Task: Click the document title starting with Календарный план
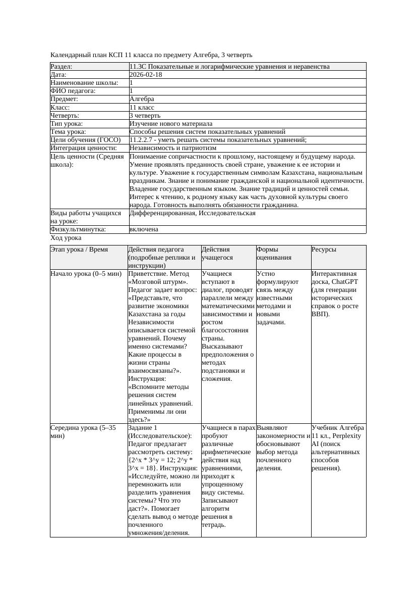151,55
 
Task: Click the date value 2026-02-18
146,75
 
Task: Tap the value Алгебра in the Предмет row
142,99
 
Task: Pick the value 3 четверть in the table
145,116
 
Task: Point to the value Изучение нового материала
171,124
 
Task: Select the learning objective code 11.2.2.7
144,140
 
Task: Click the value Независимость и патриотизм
173,148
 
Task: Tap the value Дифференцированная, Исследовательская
193,213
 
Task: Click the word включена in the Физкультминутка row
144,229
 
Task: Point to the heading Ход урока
66,237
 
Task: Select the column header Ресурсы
324,250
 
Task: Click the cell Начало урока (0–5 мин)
86,274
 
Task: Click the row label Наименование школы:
85,83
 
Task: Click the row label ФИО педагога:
73,91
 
